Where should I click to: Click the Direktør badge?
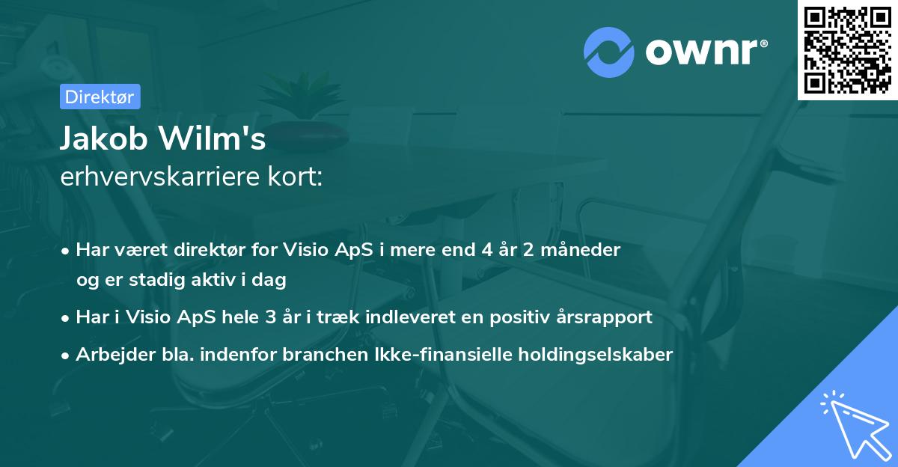(x=100, y=97)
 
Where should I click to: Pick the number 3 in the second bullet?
(x=269, y=317)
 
